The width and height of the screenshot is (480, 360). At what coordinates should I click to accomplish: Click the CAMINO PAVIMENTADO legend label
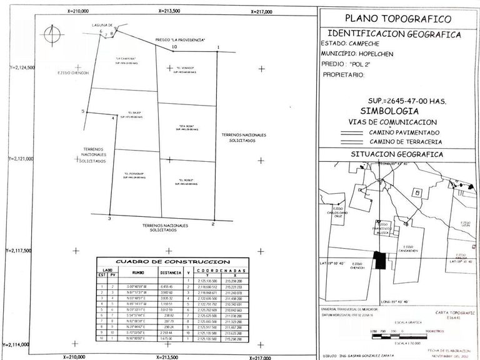click(404, 132)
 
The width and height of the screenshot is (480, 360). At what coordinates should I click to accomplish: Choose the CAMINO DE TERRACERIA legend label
click(406, 142)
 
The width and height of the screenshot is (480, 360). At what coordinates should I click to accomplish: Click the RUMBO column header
click(138, 272)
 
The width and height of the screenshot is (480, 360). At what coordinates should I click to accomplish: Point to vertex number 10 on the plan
click(174, 47)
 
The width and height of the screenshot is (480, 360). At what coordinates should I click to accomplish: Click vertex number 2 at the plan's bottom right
click(212, 223)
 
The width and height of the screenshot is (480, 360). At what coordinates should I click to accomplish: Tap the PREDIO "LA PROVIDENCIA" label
click(181, 39)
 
